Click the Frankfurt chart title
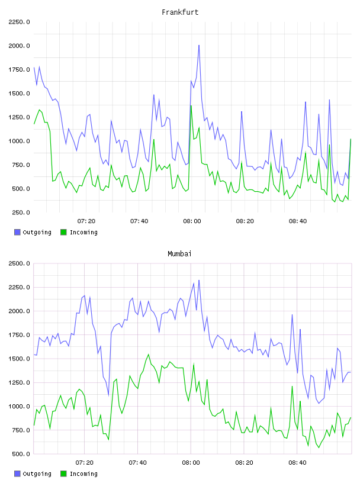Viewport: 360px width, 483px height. point(180,12)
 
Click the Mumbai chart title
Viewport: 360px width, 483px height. point(179,254)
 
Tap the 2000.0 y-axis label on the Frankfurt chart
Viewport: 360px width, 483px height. point(19,46)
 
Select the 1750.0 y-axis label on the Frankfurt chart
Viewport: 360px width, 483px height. point(19,70)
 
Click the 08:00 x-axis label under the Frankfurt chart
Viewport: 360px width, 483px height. point(192,221)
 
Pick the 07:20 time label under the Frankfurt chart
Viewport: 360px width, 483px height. point(86,221)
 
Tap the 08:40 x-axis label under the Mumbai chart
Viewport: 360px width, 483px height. point(297,463)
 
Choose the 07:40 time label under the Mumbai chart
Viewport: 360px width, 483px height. point(138,463)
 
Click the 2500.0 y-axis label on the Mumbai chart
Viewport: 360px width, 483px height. point(19,263)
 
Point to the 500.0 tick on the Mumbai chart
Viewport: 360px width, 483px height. point(21,454)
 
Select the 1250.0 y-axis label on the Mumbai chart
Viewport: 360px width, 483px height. point(19,382)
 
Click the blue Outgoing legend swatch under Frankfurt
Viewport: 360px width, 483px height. point(17,232)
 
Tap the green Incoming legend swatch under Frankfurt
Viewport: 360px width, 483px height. point(63,232)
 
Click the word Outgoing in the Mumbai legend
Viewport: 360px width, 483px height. point(37,474)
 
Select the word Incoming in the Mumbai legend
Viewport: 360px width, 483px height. point(83,474)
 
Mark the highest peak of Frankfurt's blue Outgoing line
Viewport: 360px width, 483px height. point(199,45)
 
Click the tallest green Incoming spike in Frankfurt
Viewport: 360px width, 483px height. point(191,106)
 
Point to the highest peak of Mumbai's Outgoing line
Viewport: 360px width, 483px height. point(199,281)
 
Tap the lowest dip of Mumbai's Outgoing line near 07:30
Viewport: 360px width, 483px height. point(108,395)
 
